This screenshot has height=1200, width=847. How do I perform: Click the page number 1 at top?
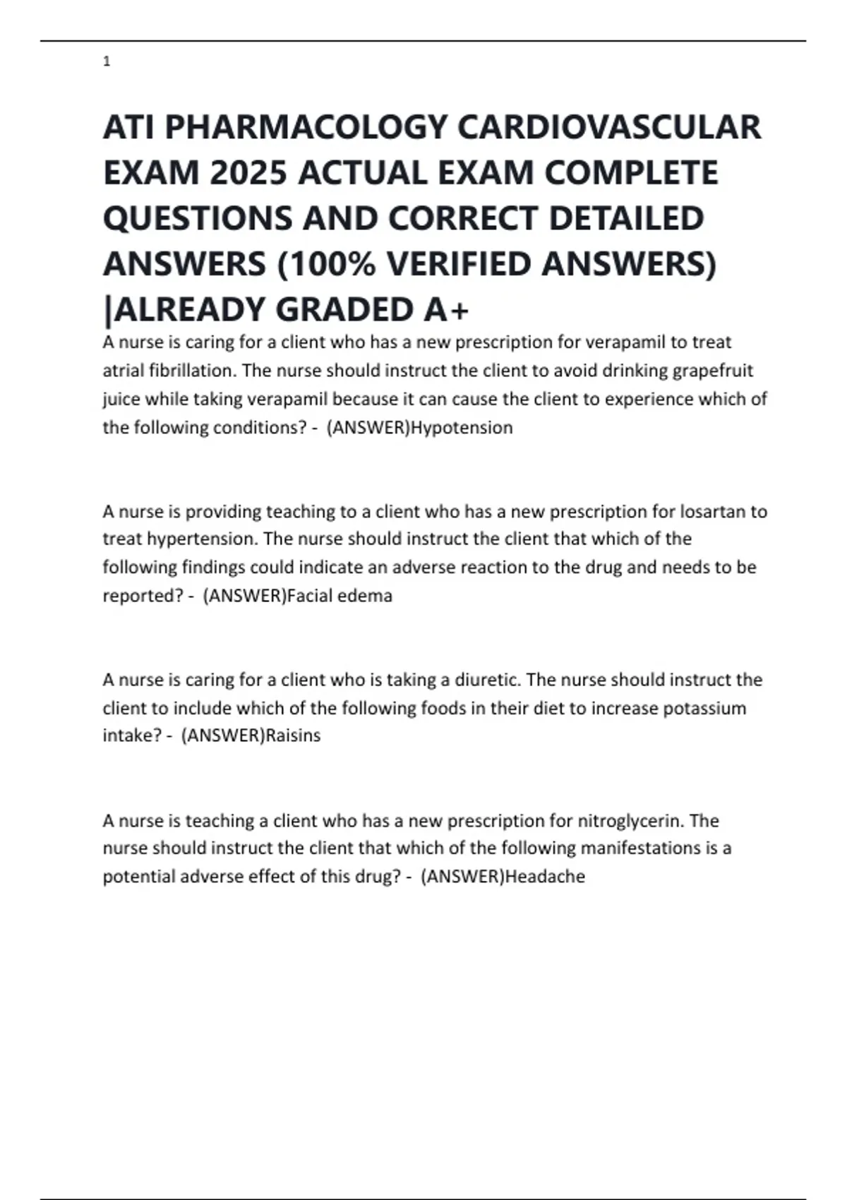[x=107, y=62]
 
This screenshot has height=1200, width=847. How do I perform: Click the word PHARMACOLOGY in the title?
[x=306, y=128]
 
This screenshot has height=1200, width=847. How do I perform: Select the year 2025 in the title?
[x=248, y=173]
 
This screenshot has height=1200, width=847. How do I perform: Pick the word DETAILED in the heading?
[x=626, y=218]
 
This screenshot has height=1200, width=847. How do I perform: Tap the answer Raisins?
[x=293, y=736]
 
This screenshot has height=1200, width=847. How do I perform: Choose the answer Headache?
[x=546, y=877]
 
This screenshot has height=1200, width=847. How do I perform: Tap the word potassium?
[x=704, y=708]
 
